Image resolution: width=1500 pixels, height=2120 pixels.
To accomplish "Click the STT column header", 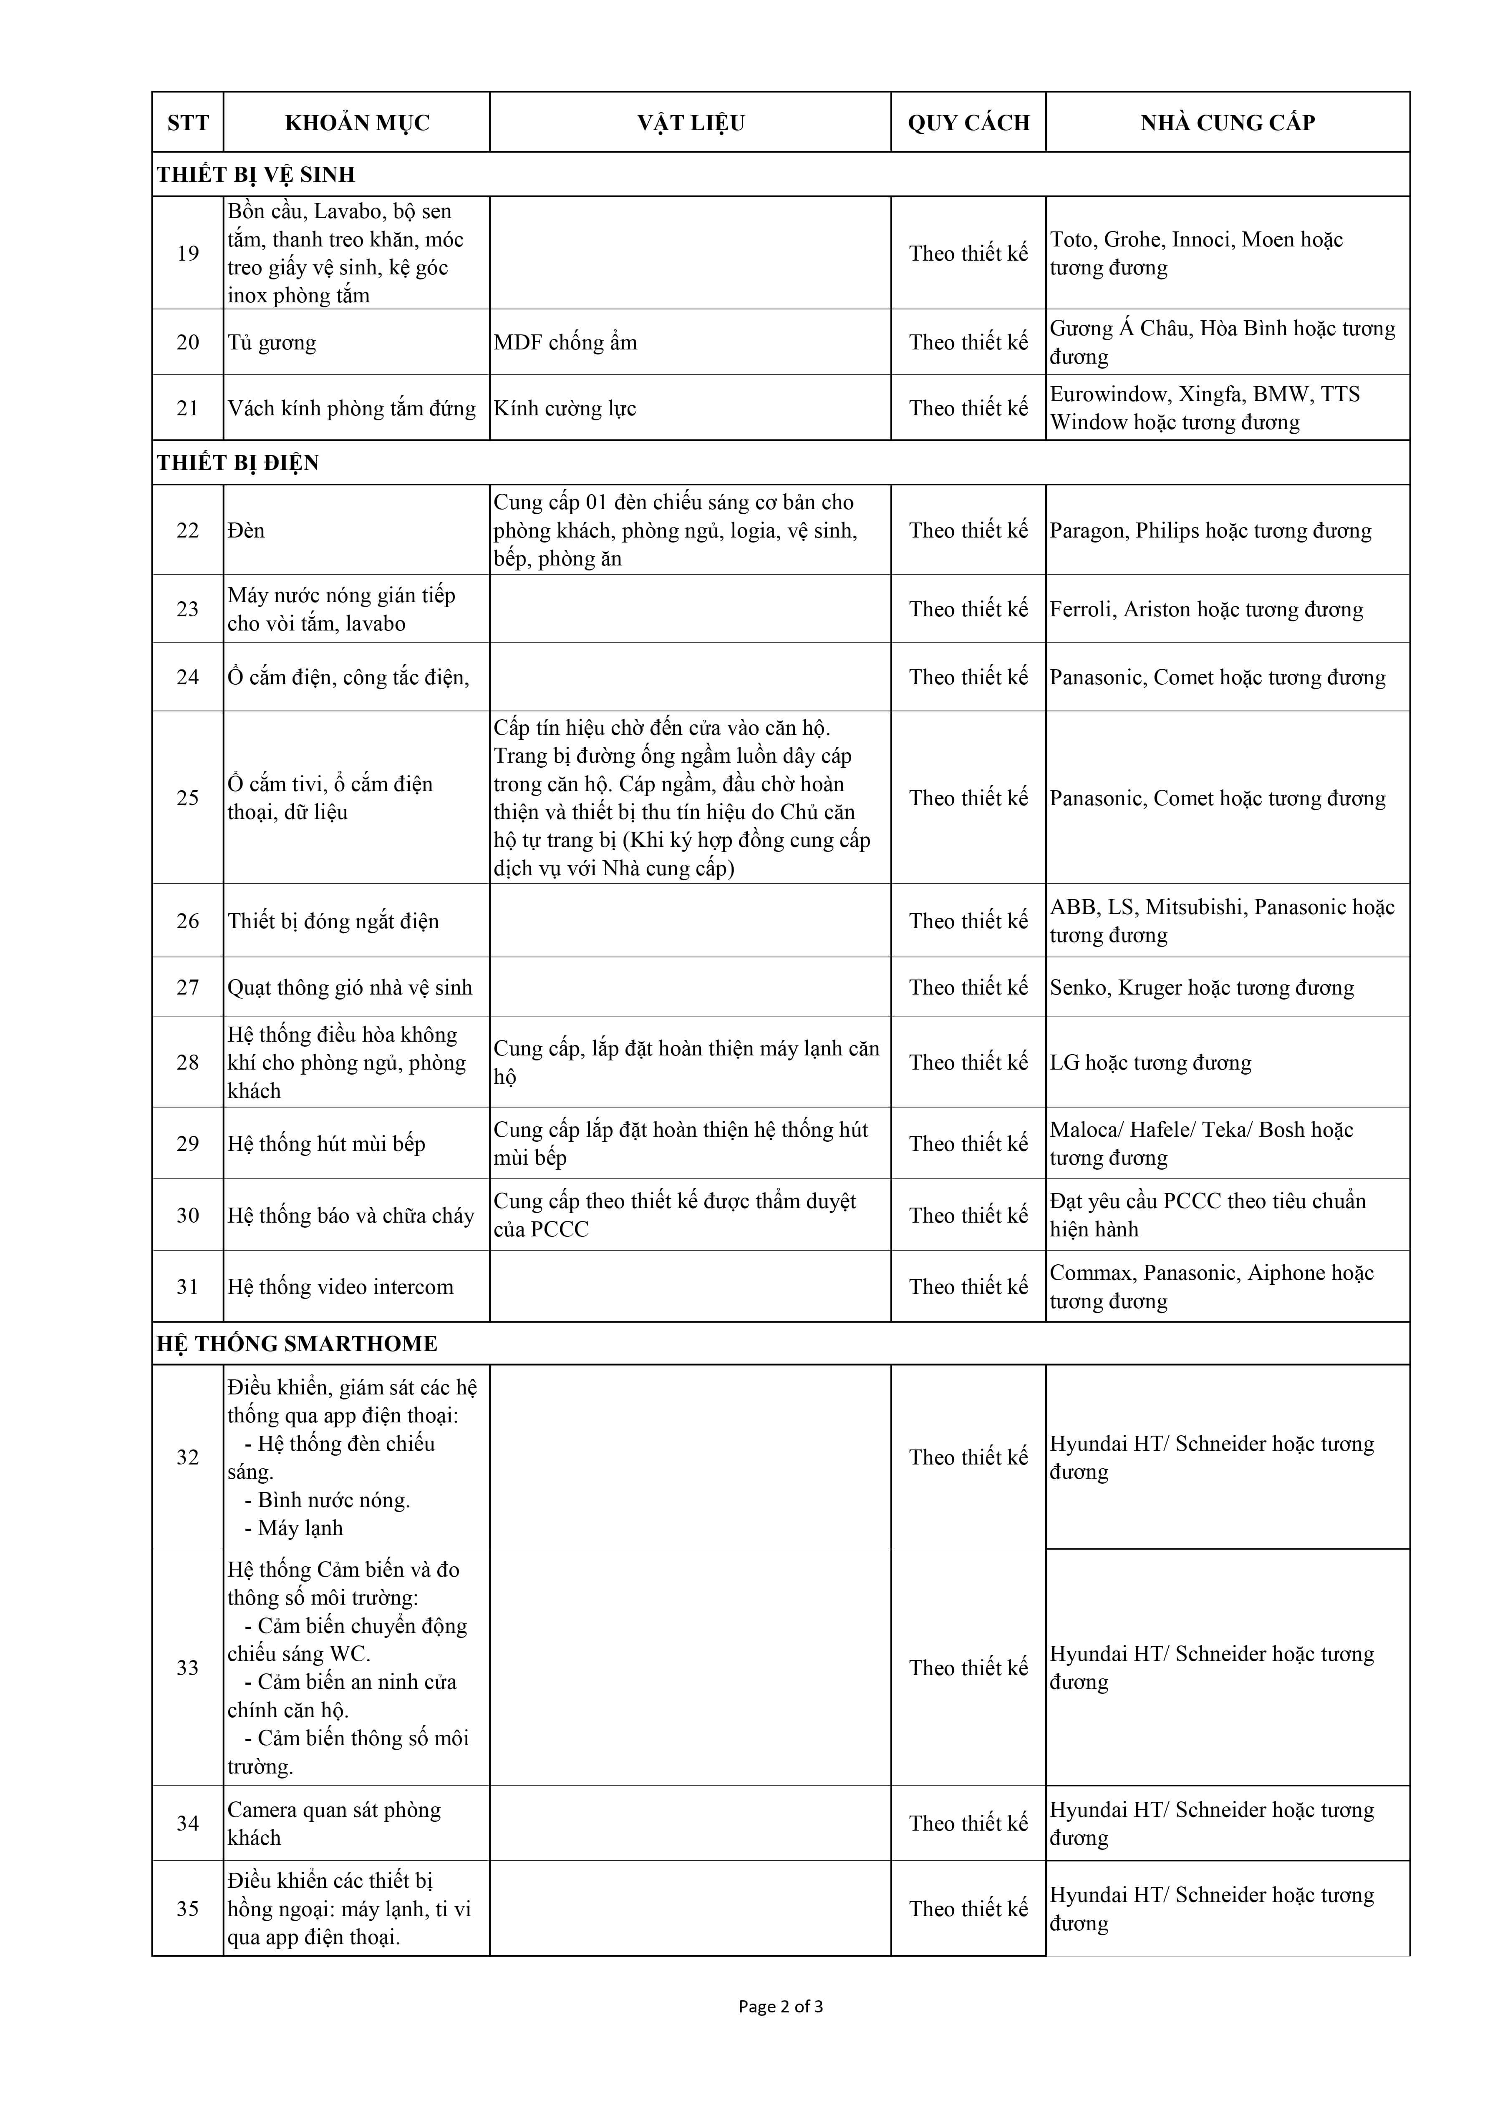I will pos(187,123).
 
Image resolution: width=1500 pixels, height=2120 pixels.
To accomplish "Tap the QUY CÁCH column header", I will pos(968,123).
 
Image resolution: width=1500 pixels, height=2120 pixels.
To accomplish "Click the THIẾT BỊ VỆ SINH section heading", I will pos(256,174).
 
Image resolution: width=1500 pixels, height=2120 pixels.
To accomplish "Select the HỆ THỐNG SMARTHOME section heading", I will pos(297,1344).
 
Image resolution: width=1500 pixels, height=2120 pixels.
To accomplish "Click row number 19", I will pos(187,253).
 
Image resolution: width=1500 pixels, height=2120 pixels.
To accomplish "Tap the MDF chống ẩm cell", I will pos(565,343).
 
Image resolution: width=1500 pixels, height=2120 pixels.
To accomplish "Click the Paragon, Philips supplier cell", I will pos(1210,531).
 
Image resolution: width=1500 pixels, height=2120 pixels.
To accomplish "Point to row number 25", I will pos(187,798).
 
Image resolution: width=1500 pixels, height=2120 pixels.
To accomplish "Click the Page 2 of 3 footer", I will pos(781,2007).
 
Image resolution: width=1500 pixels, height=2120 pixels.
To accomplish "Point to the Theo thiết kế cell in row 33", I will pos(968,1668).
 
